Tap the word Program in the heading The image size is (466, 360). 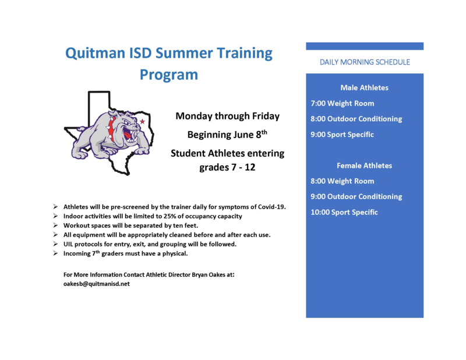pyautogui.click(x=169, y=75)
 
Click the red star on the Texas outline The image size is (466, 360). pyautogui.click(x=142, y=121)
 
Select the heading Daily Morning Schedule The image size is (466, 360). pyautogui.click(x=365, y=62)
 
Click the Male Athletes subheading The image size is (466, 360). pyautogui.click(x=365, y=88)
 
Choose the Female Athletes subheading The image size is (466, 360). pyautogui.click(x=365, y=165)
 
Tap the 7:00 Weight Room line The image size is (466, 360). pyautogui.click(x=343, y=104)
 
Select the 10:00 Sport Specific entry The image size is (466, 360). pyautogui.click(x=344, y=212)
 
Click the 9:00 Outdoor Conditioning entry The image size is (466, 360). pyautogui.click(x=356, y=197)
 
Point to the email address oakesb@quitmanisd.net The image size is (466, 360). pyautogui.click(x=97, y=284)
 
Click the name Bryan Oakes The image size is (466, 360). pyautogui.click(x=209, y=275)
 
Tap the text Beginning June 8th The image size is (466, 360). pyautogui.click(x=227, y=135)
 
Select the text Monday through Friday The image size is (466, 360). pyautogui.click(x=227, y=116)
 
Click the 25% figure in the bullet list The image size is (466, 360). pyautogui.click(x=169, y=216)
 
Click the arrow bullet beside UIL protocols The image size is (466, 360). pyautogui.click(x=55, y=244)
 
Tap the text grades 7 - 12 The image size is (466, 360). pyautogui.click(x=227, y=167)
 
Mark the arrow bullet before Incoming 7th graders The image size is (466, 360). pyautogui.click(x=55, y=253)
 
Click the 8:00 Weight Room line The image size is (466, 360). pyautogui.click(x=343, y=181)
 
